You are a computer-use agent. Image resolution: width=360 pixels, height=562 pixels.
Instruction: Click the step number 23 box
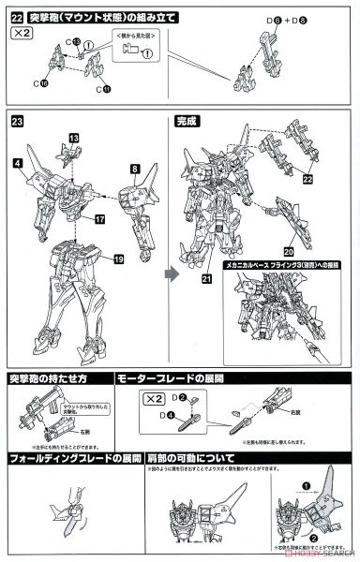18,121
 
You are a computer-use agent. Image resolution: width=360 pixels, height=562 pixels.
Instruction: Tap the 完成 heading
187,121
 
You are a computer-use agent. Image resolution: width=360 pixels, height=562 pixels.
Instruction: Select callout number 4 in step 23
18,162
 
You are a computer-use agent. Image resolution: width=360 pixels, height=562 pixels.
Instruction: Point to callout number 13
73,137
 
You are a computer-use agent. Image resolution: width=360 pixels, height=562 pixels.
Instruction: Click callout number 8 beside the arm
134,169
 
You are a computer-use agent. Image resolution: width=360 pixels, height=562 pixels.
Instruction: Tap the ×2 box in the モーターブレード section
154,397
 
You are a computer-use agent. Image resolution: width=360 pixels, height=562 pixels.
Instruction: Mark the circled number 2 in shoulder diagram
309,540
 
